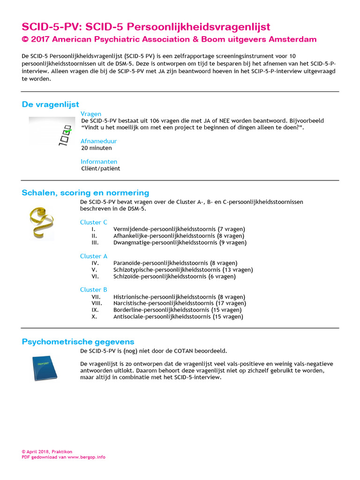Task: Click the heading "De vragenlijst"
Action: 51,105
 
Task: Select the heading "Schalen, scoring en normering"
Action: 85,193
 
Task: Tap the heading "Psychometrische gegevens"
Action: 78,342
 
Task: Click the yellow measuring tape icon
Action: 41,222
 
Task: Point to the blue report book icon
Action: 45,367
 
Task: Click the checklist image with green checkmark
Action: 52,131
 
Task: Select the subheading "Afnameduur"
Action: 98,141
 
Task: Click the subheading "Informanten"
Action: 99,162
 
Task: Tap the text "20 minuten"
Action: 97,148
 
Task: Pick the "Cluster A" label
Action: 94,256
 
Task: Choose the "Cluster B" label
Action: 94,290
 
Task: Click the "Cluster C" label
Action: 94,222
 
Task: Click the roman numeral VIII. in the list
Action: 97,303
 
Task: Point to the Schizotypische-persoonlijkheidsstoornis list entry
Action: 183,270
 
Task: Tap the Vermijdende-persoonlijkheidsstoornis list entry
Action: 179,229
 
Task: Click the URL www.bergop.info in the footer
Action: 86,457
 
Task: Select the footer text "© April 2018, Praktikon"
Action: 47,452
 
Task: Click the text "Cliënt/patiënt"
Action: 100,169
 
